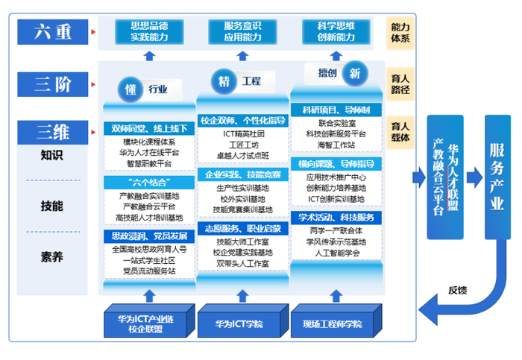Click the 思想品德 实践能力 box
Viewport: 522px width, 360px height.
pyautogui.click(x=149, y=32)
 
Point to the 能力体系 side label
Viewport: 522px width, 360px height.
pyautogui.click(x=400, y=32)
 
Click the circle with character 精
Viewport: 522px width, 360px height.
pyautogui.click(x=223, y=80)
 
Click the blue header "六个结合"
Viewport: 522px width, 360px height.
pyautogui.click(x=148, y=182)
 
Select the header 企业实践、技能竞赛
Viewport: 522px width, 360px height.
pyautogui.click(x=242, y=174)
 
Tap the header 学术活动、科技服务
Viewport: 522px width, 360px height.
pyautogui.click(x=336, y=218)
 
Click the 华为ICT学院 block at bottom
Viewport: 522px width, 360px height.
pyautogui.click(x=239, y=323)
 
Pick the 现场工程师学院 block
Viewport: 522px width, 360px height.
pyautogui.click(x=333, y=323)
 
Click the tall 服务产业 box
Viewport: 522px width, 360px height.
pyautogui.click(x=496, y=177)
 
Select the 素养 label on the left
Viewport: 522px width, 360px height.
pyautogui.click(x=52, y=257)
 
